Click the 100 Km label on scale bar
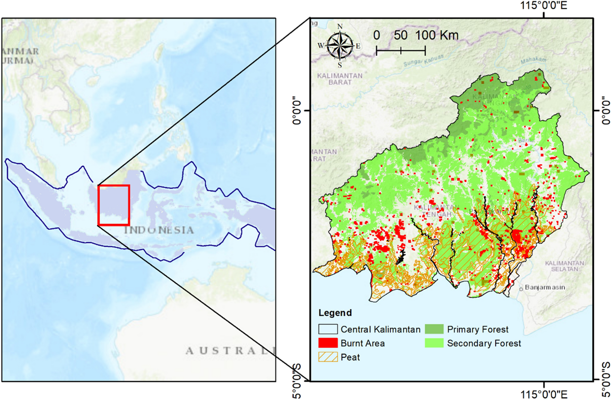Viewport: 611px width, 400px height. [437, 35]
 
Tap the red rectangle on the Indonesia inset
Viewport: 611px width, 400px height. [114, 205]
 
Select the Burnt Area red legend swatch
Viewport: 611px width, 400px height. [328, 343]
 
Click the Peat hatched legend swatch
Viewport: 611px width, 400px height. [328, 357]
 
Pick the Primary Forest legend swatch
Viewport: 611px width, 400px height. [434, 329]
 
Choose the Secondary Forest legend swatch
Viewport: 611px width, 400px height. [434, 343]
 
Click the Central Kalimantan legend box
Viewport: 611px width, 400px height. [328, 329]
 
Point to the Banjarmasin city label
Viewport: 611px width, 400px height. [545, 287]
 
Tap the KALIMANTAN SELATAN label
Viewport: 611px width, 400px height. [564, 266]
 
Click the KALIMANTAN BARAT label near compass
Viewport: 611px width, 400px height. [340, 79]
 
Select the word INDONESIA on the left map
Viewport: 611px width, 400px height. [159, 230]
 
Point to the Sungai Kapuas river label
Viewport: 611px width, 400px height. [423, 60]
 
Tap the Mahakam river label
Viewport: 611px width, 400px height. [533, 60]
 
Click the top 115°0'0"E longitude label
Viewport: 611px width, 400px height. [544, 5]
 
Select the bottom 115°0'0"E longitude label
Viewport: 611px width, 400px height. [544, 394]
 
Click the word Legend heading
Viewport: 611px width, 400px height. [335, 313]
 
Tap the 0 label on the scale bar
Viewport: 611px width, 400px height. [376, 35]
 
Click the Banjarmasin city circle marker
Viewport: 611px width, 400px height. [521, 289]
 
